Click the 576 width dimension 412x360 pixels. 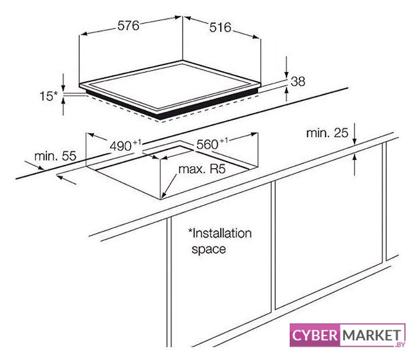(x=128, y=26)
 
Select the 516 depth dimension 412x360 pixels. (x=220, y=28)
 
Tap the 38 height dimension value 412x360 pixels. (x=298, y=81)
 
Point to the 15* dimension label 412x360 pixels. (x=48, y=96)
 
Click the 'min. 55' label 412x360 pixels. (x=55, y=156)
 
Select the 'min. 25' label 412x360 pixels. (x=327, y=133)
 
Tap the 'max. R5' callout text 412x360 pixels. (x=202, y=169)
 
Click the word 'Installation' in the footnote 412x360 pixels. (x=220, y=233)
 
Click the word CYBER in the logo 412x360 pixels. (x=315, y=336)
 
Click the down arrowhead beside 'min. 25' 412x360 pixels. (x=355, y=140)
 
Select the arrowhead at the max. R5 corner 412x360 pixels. (x=164, y=194)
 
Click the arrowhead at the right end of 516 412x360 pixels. (x=256, y=37)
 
